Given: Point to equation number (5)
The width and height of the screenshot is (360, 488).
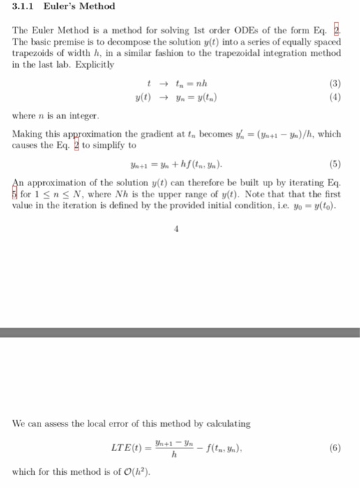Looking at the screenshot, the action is [x=336, y=166].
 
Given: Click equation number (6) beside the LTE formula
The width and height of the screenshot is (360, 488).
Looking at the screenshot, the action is [x=336, y=447].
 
